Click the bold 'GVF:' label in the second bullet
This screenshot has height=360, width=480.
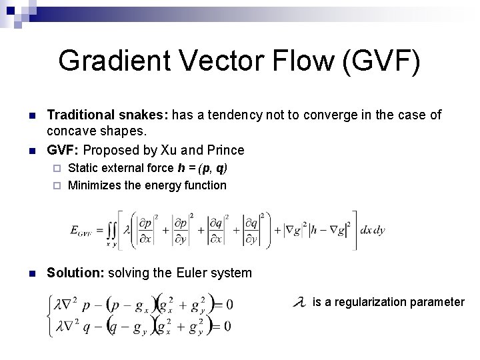click(x=63, y=150)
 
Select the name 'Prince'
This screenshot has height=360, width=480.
click(x=225, y=150)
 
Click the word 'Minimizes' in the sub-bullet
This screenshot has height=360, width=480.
click(x=93, y=185)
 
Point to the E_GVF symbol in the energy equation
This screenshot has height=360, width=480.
click(x=83, y=231)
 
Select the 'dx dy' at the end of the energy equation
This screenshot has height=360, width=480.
click(x=373, y=230)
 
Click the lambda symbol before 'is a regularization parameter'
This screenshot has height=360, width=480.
click(x=300, y=302)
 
